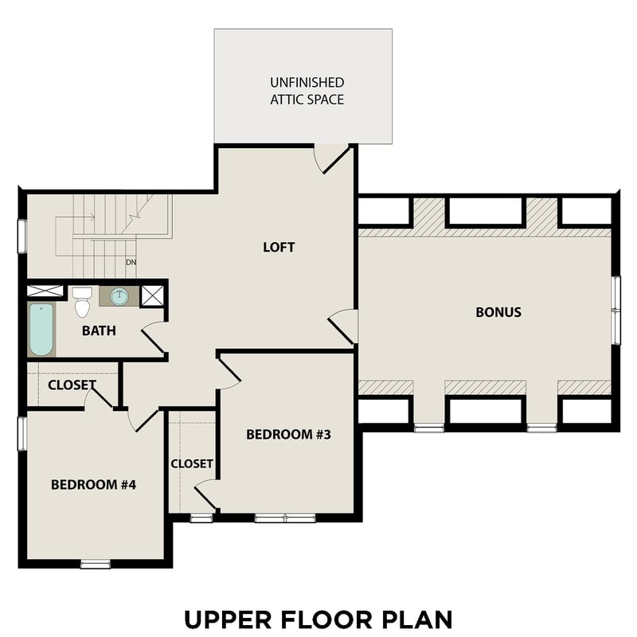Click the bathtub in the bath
(41, 330)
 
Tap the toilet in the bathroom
(81, 303)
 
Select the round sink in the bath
(119, 296)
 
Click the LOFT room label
(279, 247)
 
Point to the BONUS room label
(498, 312)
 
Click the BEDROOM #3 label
(287, 434)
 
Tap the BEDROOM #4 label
(94, 484)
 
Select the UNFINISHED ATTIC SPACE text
(307, 91)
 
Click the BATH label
(99, 330)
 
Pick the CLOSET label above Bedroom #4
(72, 385)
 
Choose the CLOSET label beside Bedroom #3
(192, 463)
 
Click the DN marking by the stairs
(130, 262)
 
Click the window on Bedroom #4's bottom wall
(96, 565)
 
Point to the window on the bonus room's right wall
(615, 310)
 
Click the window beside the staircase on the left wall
(23, 236)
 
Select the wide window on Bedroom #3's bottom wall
(284, 518)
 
